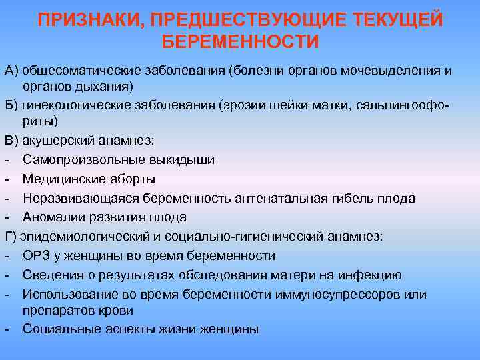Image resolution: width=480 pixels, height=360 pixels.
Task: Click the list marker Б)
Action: (11, 105)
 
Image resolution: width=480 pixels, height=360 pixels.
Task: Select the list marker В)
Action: (11, 140)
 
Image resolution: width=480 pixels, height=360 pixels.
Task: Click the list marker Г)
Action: (11, 237)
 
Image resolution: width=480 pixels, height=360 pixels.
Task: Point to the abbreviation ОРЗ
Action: (35, 256)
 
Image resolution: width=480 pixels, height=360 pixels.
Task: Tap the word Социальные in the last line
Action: (59, 329)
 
